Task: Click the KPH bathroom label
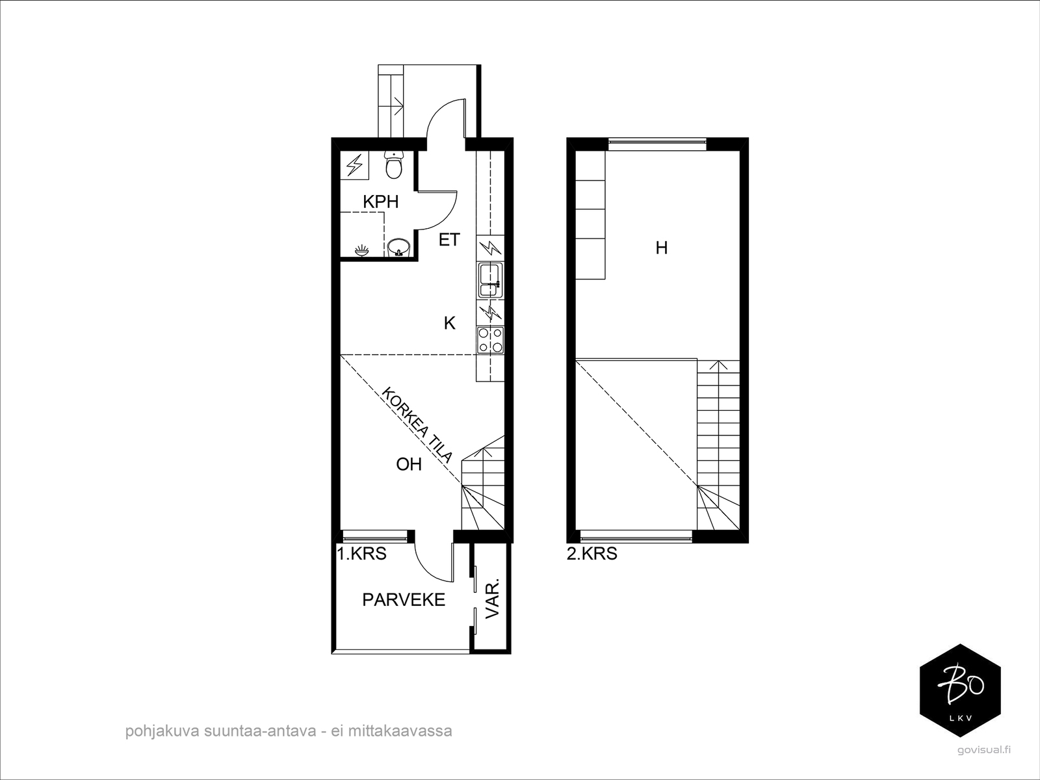[381, 202]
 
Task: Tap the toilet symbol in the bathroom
[394, 165]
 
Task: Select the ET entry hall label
[449, 240]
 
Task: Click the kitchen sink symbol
[490, 279]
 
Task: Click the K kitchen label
[449, 323]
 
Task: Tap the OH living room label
[409, 464]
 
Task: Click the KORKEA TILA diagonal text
[417, 425]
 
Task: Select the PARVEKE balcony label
[404, 599]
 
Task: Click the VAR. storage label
[493, 598]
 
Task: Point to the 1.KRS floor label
[361, 554]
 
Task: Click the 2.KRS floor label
[592, 554]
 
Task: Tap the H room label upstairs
[662, 248]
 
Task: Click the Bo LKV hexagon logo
[961, 690]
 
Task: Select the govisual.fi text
[984, 750]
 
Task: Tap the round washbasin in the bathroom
[398, 248]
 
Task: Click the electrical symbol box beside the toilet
[354, 165]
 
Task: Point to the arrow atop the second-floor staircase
[718, 365]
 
